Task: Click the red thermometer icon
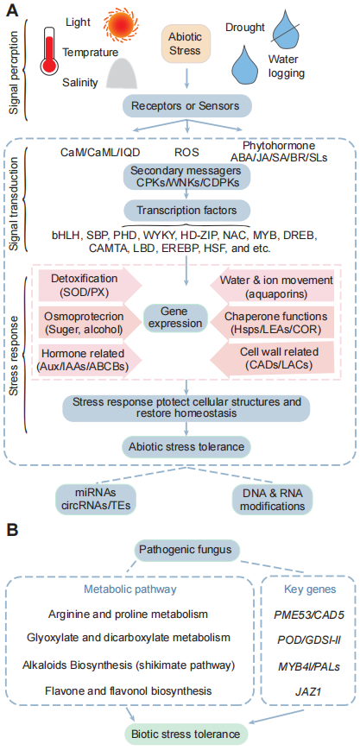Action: [49, 51]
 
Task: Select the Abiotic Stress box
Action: [186, 43]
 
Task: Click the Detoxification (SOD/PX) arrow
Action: [87, 284]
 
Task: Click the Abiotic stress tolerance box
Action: [186, 447]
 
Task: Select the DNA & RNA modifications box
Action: [273, 498]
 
